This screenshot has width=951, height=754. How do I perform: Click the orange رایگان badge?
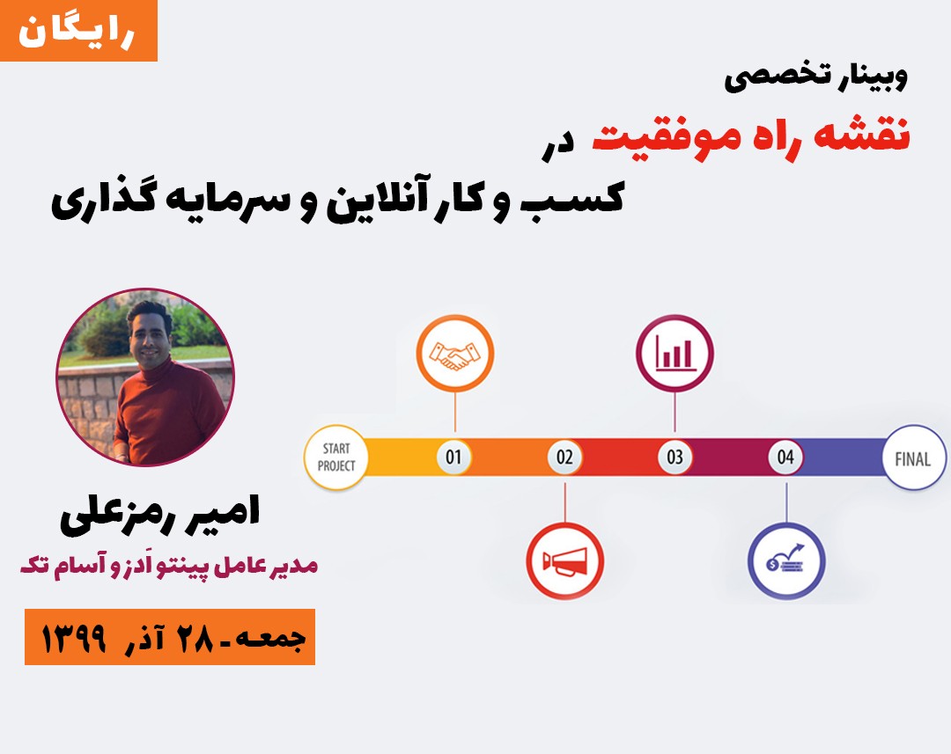(x=79, y=30)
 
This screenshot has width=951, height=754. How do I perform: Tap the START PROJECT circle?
(x=336, y=457)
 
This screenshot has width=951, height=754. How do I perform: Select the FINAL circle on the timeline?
(x=913, y=458)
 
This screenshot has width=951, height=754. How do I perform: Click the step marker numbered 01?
(x=453, y=457)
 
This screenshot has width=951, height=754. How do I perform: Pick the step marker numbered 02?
(x=564, y=457)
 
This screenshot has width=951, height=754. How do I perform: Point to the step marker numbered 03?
(x=675, y=457)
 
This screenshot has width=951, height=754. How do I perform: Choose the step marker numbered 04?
(x=785, y=457)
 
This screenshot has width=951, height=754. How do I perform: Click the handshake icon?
(x=455, y=354)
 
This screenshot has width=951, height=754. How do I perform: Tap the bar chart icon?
(x=675, y=354)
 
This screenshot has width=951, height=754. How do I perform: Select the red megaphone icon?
(x=565, y=561)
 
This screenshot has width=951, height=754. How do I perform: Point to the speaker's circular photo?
(x=145, y=377)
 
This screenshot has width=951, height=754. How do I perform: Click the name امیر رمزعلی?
(x=160, y=515)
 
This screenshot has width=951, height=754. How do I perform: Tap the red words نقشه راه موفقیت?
(x=751, y=135)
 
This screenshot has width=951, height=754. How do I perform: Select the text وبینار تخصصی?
(x=816, y=77)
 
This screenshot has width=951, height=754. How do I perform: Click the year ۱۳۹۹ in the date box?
(x=73, y=638)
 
